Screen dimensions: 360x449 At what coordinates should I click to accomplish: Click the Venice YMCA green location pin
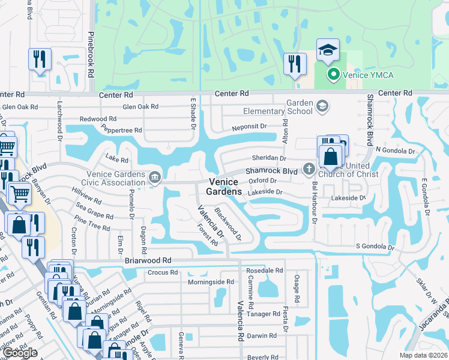pyautogui.click(x=333, y=75)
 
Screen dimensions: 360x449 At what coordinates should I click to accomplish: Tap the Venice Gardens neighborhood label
pyautogui.click(x=225, y=187)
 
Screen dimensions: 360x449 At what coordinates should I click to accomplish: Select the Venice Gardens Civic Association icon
pyautogui.click(x=155, y=176)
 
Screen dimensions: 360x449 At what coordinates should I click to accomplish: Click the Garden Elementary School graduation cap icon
pyautogui.click(x=322, y=106)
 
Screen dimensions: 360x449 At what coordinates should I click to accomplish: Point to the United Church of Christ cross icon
pyautogui.click(x=309, y=169)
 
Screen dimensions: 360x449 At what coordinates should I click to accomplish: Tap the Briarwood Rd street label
pyautogui.click(x=148, y=260)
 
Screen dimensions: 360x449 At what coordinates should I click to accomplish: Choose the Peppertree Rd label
pyautogui.click(x=121, y=130)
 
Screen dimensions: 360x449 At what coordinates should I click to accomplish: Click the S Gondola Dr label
pyautogui.click(x=375, y=247)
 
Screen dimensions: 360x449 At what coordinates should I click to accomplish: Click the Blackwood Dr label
pyautogui.click(x=228, y=221)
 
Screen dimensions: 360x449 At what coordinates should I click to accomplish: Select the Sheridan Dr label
pyautogui.click(x=269, y=158)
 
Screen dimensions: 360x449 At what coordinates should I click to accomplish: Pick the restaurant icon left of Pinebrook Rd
pyautogui.click(x=40, y=59)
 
